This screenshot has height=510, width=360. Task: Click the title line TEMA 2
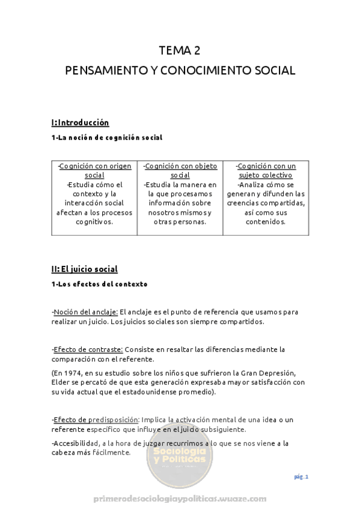[x=180, y=50]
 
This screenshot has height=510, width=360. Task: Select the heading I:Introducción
[x=80, y=123]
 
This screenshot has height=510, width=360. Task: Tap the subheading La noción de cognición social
[x=107, y=138]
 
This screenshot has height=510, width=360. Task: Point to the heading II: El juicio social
[x=85, y=269]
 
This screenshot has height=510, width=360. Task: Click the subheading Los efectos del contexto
[x=99, y=284]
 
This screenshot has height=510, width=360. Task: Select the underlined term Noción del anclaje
[x=85, y=312]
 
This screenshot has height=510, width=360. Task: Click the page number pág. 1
[x=301, y=477]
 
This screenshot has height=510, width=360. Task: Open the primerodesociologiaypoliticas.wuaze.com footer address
[x=180, y=500]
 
